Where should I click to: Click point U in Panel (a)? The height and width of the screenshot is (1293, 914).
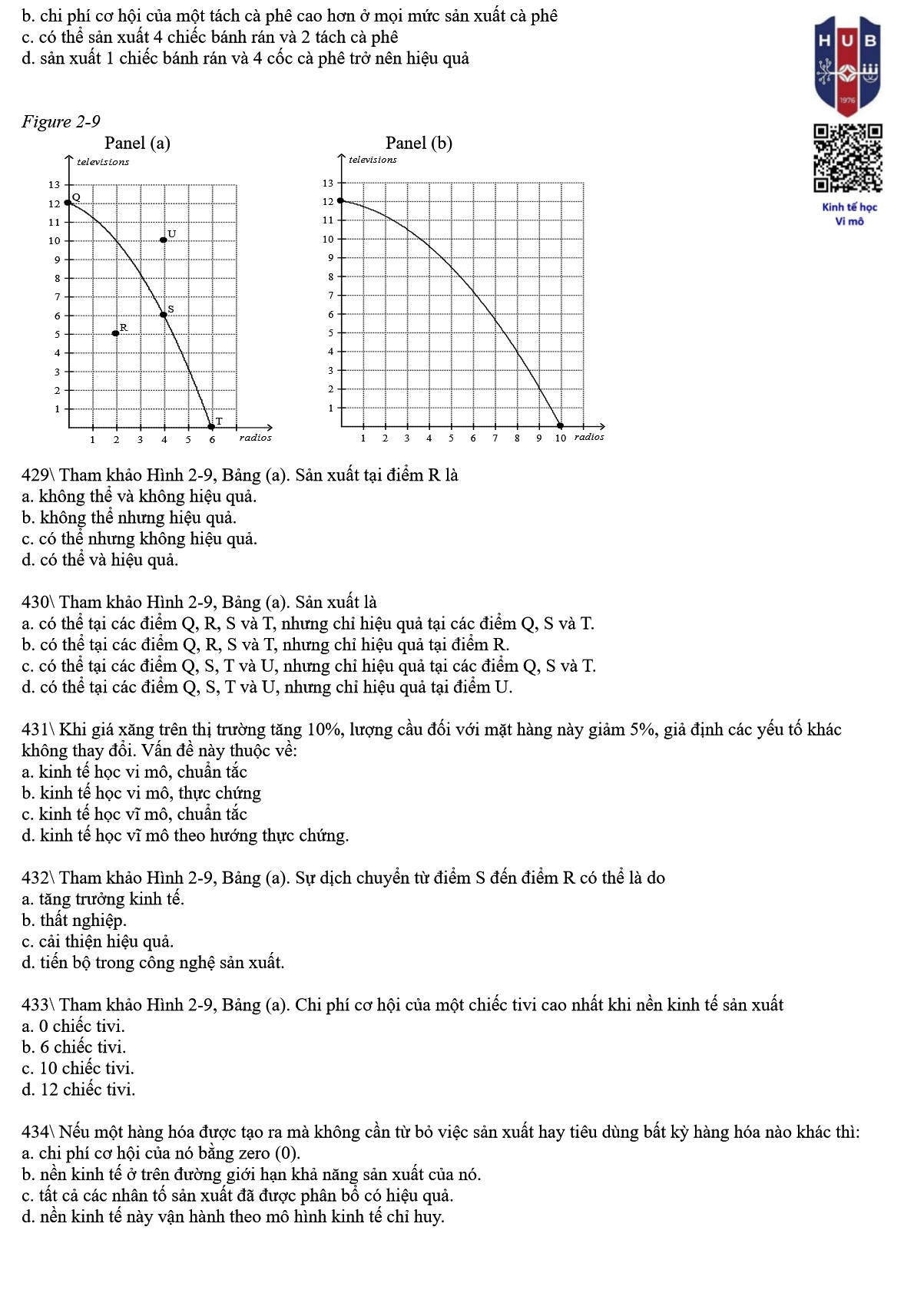(164, 240)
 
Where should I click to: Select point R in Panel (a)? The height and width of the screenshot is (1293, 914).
(116, 333)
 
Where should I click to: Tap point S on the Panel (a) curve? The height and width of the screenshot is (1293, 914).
(164, 315)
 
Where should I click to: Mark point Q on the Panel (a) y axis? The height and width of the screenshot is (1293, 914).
(68, 203)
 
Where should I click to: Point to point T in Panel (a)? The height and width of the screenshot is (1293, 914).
(211, 426)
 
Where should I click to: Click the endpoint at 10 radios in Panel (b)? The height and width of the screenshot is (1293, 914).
(560, 425)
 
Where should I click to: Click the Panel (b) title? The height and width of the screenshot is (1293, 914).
(419, 143)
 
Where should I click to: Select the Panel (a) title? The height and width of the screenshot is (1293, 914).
(137, 143)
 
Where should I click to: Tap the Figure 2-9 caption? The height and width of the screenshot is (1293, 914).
(61, 121)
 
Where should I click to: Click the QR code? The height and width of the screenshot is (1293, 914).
(848, 158)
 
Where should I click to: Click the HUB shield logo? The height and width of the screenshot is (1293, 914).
(848, 66)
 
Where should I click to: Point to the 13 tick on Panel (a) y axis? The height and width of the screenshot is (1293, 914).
(54, 185)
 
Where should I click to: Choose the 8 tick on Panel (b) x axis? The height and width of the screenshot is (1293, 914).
(517, 438)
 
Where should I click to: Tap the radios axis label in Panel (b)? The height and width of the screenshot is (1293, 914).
(589, 437)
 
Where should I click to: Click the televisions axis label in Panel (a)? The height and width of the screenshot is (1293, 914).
(103, 162)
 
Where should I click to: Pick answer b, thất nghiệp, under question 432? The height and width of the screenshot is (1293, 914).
(74, 921)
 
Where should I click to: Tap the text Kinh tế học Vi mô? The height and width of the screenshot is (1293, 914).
(849, 214)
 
